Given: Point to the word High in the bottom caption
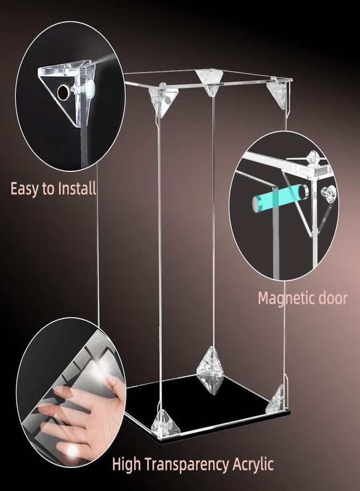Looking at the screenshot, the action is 127,464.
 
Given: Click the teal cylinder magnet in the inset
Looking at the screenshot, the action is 279,196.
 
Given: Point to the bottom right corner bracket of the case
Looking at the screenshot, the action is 277,399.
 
